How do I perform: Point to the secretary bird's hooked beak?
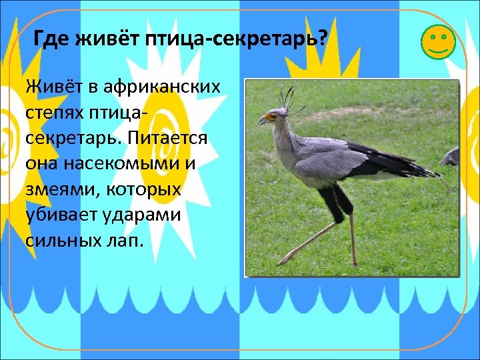point(262,121)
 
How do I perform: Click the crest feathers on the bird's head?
point(287,99)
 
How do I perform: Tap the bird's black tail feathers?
point(413,167)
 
